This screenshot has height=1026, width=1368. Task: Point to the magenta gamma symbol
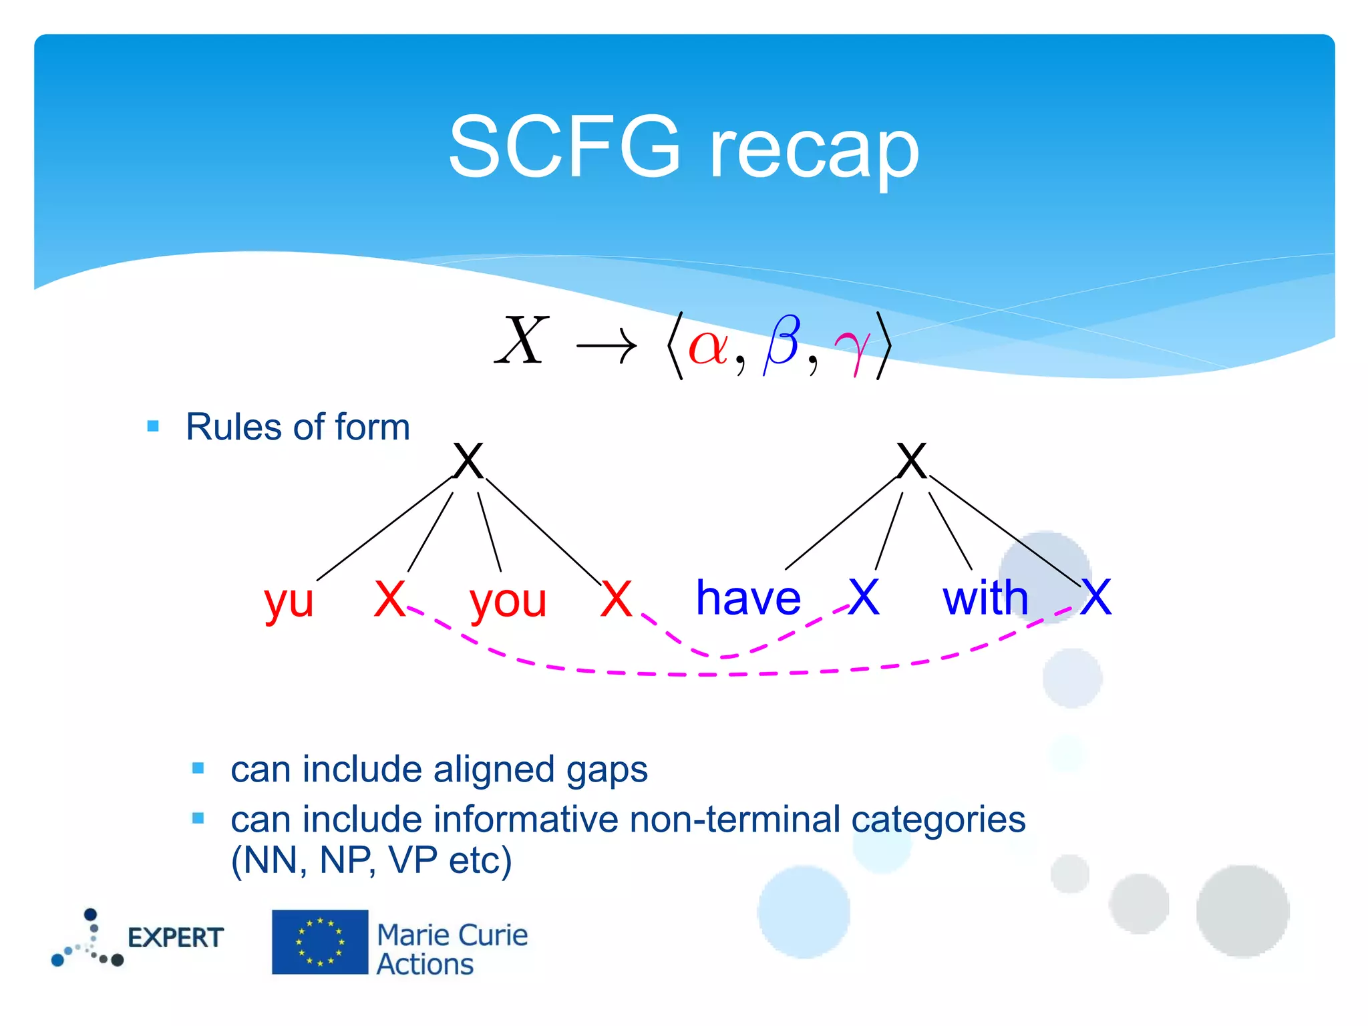852,348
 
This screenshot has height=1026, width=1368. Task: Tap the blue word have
748,598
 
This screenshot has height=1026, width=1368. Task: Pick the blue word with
985,598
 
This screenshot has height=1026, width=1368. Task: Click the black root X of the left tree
468,461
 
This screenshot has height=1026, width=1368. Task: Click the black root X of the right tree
912,461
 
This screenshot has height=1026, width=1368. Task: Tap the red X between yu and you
389,598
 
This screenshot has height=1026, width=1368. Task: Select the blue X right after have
864,597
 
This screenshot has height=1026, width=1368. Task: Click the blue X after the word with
1096,597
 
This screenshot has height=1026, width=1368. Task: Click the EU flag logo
320,942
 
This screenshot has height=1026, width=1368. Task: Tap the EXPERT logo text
175,938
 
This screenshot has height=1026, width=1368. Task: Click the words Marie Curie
452,935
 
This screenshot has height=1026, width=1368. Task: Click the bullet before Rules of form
153,426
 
